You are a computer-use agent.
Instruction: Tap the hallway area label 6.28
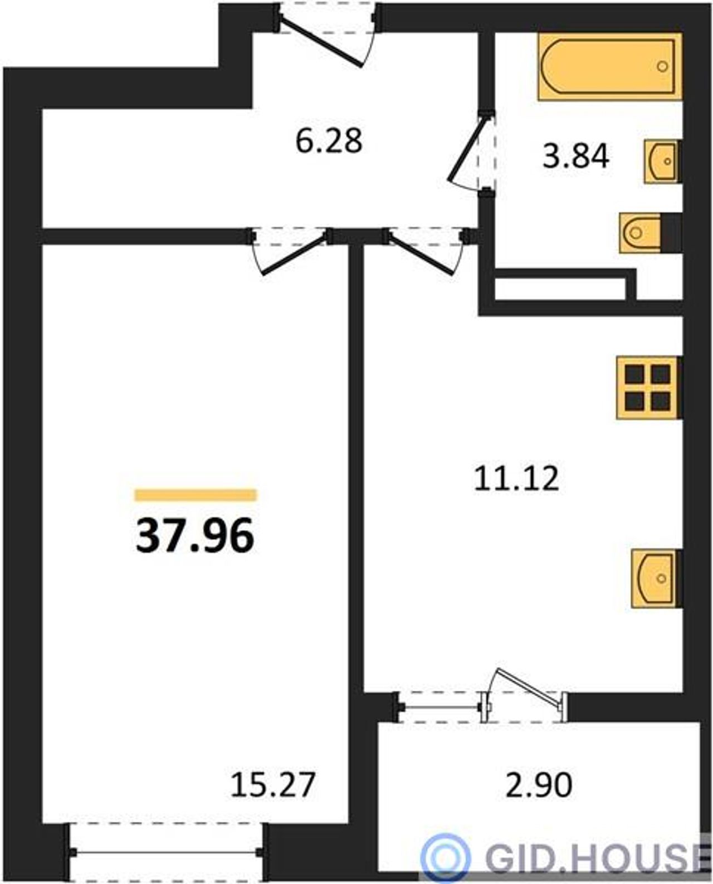pyautogui.click(x=329, y=141)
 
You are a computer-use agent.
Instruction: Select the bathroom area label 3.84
pyautogui.click(x=575, y=157)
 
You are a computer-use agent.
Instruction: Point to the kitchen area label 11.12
pyautogui.click(x=516, y=478)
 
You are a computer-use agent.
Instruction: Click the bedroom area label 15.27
pyautogui.click(x=273, y=785)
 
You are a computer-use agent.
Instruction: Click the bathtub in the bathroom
pyautogui.click(x=610, y=66)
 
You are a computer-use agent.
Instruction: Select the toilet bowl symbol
pyautogui.click(x=640, y=233)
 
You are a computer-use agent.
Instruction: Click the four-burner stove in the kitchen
pyautogui.click(x=647, y=388)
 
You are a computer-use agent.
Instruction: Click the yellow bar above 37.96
pyautogui.click(x=196, y=495)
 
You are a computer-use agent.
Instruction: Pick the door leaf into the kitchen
pyautogui.click(x=421, y=254)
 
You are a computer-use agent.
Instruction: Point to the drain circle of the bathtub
pyautogui.click(x=662, y=66)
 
